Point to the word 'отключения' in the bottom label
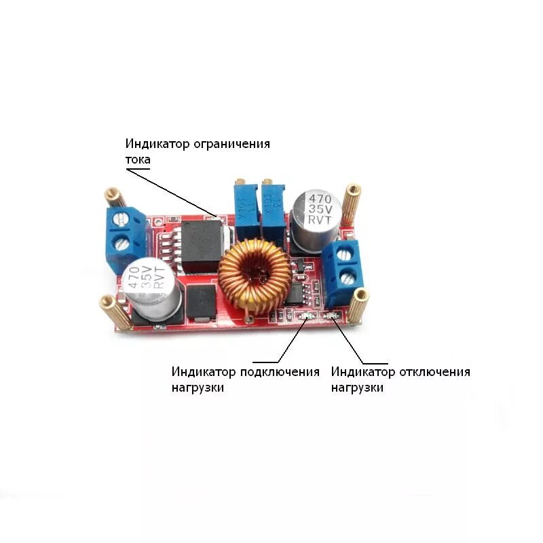434,372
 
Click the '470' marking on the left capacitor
133,274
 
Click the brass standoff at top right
352,201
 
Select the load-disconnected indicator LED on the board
333,315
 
